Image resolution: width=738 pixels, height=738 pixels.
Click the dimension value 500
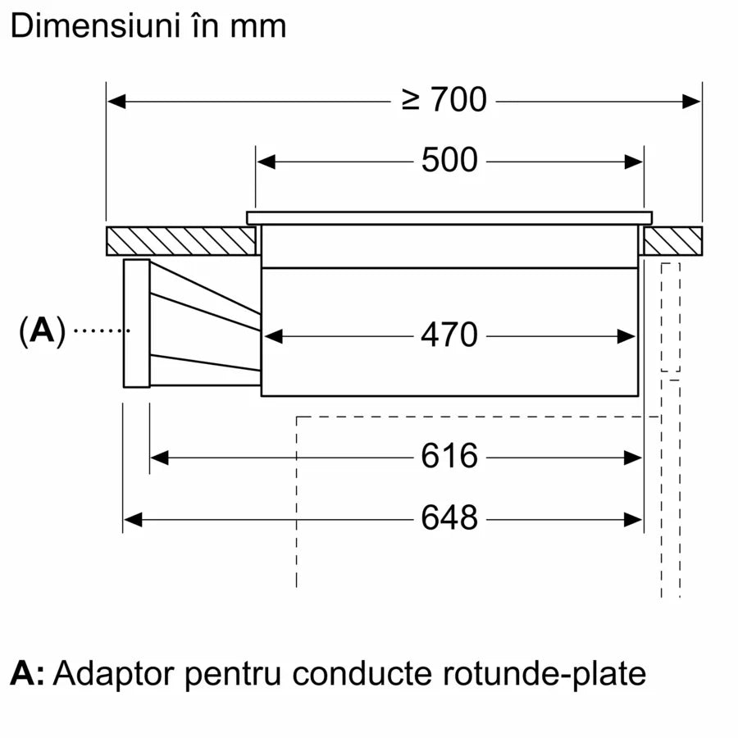449,161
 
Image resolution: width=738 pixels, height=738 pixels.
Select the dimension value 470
449,335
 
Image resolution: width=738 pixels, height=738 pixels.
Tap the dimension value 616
449,457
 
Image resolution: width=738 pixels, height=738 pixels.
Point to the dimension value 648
449,518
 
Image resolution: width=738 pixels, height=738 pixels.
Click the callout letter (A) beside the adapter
41,330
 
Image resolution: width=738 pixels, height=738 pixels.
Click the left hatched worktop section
180,240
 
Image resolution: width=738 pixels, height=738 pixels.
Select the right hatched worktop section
672,240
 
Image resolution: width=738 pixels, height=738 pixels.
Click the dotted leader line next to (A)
102,330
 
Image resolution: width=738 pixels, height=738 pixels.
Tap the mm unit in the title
258,26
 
